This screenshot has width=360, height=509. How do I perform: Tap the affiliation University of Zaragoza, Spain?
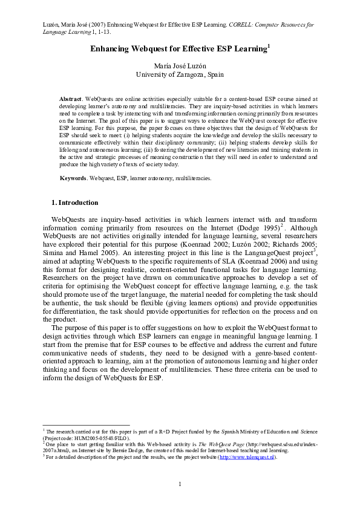[x=180, y=74]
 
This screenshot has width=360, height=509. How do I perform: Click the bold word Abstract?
[x=72, y=98]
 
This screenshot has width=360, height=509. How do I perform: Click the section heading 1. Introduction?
[x=74, y=203]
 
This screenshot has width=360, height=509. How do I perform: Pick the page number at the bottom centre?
[x=180, y=484]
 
